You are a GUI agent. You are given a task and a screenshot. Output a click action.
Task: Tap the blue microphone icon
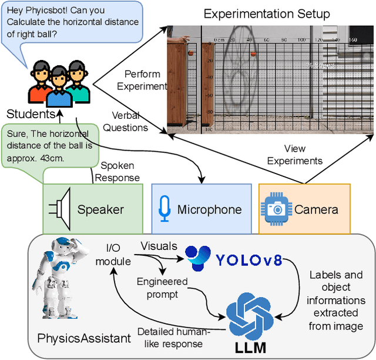(x=164, y=209)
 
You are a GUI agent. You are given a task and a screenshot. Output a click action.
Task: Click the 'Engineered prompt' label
(x=162, y=288)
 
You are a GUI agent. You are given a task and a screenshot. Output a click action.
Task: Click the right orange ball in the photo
(x=254, y=55)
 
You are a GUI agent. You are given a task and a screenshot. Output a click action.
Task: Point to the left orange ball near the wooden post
(x=190, y=55)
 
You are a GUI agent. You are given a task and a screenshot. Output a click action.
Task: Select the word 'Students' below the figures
(x=31, y=114)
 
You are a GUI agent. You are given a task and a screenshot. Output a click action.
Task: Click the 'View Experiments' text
(x=295, y=155)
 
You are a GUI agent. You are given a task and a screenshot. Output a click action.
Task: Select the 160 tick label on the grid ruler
(x=352, y=40)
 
